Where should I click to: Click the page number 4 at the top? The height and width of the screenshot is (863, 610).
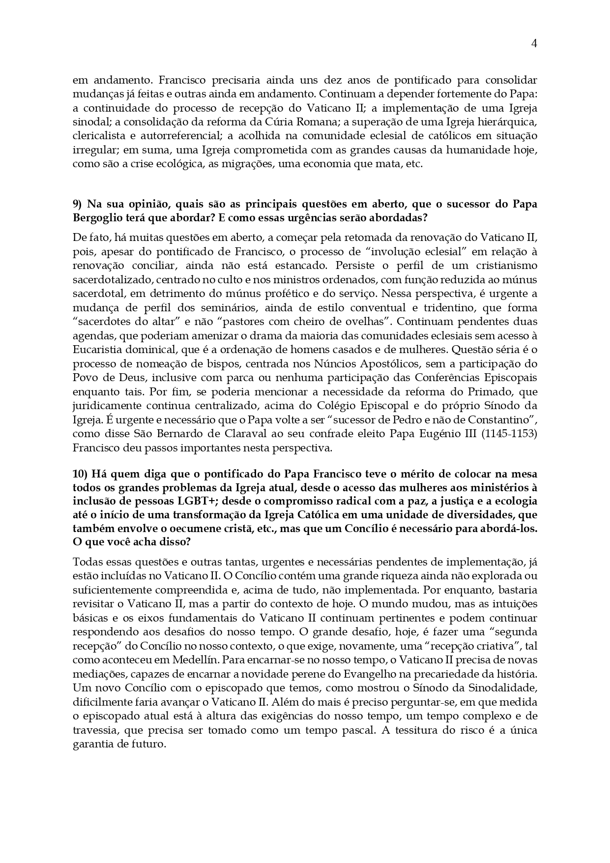tap(534, 43)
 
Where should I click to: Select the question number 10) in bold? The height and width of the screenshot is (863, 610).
tap(80, 474)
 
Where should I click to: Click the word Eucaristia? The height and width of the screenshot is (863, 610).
tap(98, 350)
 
